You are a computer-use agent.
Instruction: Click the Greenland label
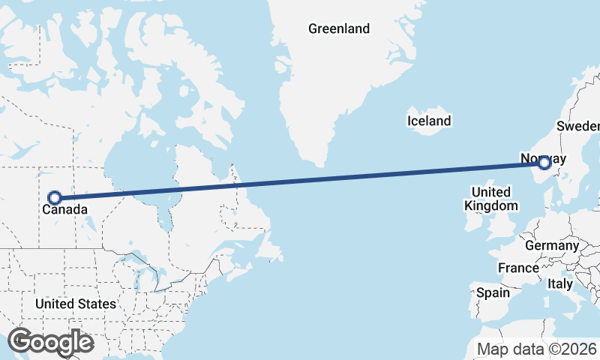tap(339, 29)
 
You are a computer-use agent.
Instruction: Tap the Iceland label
tap(428, 121)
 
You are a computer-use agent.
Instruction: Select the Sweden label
tap(579, 125)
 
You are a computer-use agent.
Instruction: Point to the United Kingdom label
tap(491, 199)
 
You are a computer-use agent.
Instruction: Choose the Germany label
tap(551, 245)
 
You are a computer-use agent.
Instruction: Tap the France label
tap(518, 268)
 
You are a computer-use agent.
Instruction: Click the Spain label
tap(493, 292)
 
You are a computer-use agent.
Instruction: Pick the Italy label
tap(559, 284)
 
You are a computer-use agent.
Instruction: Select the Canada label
tap(64, 211)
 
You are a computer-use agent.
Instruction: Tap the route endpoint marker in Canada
tap(54, 198)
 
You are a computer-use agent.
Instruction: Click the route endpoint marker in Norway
tap(545, 162)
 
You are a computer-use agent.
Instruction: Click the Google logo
tap(50, 341)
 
